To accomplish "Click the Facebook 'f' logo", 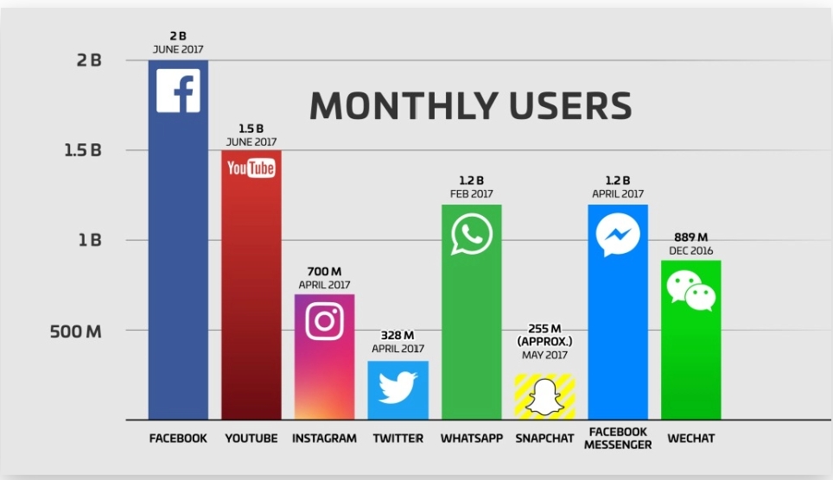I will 178,91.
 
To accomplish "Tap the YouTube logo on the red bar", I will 251,167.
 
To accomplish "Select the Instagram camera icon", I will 324,320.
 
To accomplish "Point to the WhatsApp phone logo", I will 471,234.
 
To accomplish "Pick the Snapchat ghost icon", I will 544,397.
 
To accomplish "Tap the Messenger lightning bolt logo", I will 618,235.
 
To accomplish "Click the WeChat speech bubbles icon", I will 691,290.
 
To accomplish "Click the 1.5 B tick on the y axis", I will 85,150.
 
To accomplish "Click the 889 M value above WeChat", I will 691,237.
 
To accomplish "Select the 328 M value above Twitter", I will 397,336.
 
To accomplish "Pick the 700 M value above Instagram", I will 324,272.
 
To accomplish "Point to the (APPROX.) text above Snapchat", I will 544,341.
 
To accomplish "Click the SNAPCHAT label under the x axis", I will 544,439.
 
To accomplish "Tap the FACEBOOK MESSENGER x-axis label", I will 618,439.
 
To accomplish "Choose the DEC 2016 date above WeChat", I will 691,250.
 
